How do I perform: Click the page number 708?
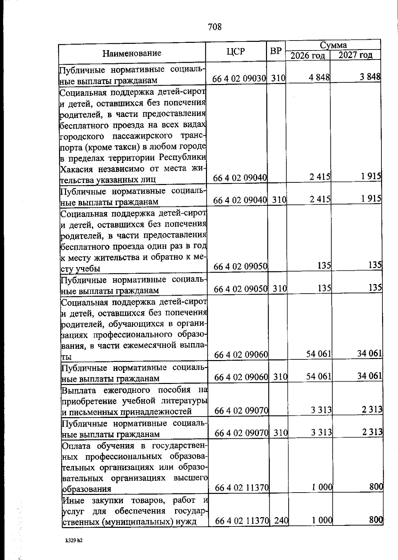click(215, 27)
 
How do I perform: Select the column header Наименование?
click(132, 53)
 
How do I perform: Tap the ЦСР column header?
click(236, 51)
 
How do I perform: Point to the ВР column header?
click(276, 51)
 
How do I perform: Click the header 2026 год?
click(307, 55)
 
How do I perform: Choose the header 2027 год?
click(355, 55)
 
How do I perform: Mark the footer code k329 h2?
click(73, 540)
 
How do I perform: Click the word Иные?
click(73, 500)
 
